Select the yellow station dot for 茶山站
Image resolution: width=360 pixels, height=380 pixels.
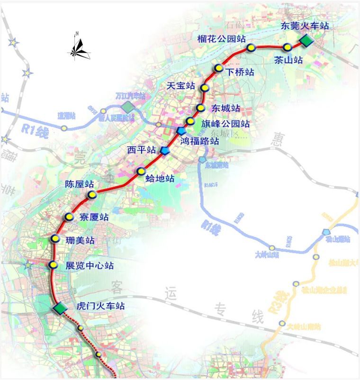(x=288, y=47)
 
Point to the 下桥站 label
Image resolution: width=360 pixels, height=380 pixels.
(x=240, y=72)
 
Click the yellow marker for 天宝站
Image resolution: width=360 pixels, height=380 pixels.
(x=205, y=88)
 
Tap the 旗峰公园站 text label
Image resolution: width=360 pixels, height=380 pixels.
(x=224, y=124)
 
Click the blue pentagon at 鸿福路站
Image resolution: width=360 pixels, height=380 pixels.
(x=181, y=131)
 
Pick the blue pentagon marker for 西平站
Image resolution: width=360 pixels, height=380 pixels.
(x=165, y=151)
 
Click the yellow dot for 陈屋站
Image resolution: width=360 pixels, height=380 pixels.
(x=92, y=195)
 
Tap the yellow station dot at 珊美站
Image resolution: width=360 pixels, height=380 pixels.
(x=55, y=239)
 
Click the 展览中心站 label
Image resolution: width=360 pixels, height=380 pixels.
(x=90, y=266)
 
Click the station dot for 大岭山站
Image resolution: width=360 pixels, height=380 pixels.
(x=272, y=248)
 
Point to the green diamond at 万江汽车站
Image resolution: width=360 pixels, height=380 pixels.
(x=127, y=106)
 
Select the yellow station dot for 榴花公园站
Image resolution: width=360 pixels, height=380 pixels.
(x=251, y=47)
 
